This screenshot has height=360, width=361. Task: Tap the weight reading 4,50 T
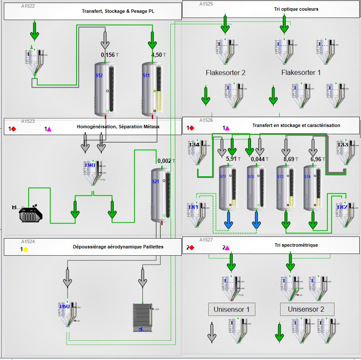click(159, 55)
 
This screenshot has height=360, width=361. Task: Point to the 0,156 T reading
click(110, 55)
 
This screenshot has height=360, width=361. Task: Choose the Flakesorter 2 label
click(225, 73)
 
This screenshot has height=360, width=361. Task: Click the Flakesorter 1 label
click(301, 73)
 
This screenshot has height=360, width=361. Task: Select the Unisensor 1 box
click(232, 309)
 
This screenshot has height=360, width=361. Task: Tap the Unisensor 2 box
click(307, 309)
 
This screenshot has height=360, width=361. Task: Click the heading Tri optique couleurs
click(296, 9)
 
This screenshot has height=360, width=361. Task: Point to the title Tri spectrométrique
click(296, 245)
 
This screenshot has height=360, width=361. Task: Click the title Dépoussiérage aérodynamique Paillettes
click(118, 247)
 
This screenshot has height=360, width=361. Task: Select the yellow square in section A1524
click(26, 249)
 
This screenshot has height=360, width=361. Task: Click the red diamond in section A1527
click(192, 248)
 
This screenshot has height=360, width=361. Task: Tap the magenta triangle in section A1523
click(49, 129)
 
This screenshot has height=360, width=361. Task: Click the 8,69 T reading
click(292, 159)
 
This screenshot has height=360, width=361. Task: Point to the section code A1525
click(206, 4)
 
